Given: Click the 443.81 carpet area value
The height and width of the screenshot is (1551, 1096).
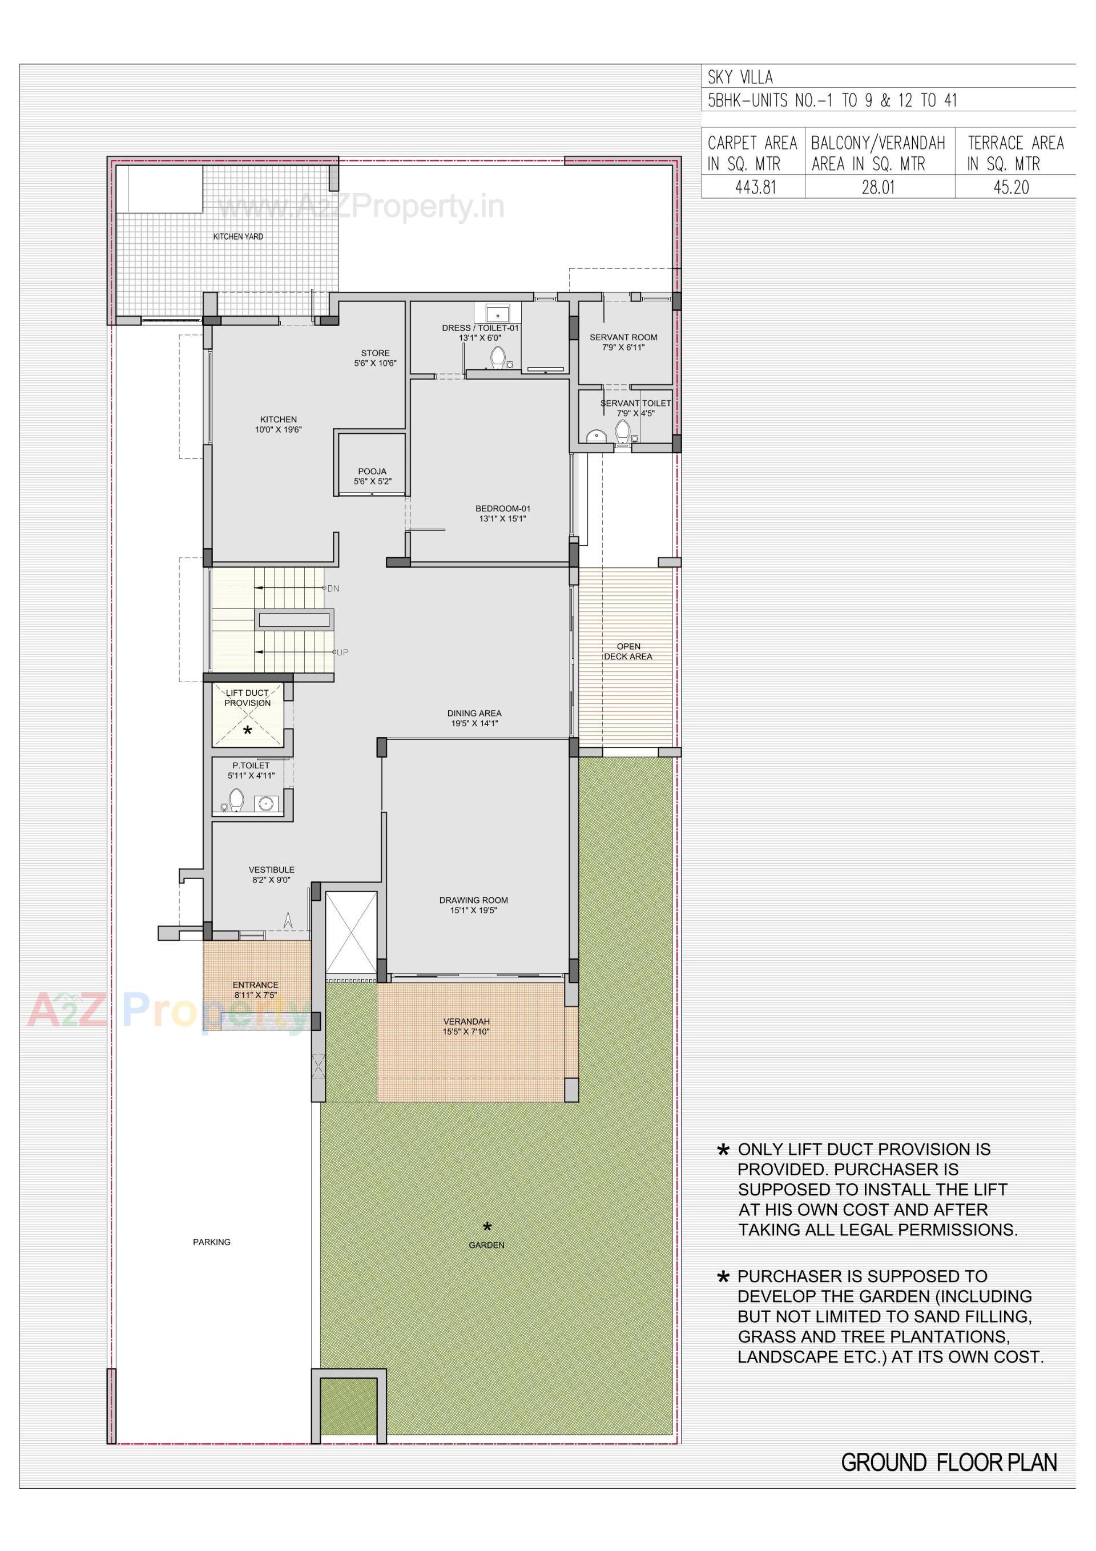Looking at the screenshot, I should click(x=755, y=187).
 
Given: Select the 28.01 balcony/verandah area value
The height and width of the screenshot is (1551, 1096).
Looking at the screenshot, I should click(x=878, y=187).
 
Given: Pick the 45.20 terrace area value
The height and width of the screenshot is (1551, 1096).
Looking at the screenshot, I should click(x=1011, y=187).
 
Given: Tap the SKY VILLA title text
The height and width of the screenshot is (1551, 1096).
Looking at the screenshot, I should click(x=740, y=77).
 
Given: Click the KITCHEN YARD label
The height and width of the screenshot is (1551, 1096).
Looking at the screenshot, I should click(x=238, y=236).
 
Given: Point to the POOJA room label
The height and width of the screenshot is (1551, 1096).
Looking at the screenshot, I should click(x=372, y=472).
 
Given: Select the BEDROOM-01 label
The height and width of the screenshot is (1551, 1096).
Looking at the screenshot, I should click(x=503, y=509).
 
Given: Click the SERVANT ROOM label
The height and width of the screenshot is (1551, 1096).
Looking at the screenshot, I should click(x=623, y=337).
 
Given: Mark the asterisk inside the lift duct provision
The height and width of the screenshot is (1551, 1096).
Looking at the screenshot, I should click(x=247, y=730).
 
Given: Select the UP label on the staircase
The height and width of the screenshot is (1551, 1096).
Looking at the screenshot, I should click(x=342, y=652).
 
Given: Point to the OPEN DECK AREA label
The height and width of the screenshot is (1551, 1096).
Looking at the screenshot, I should click(x=628, y=651).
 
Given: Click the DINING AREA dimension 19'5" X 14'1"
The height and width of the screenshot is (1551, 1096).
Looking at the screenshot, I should click(x=474, y=723).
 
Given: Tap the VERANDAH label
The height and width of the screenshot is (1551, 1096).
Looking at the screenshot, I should click(x=466, y=1021).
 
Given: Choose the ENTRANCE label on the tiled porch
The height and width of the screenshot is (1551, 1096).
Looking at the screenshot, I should click(x=255, y=985).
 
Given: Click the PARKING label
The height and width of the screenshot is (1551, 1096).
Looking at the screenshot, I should click(x=212, y=1242).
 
